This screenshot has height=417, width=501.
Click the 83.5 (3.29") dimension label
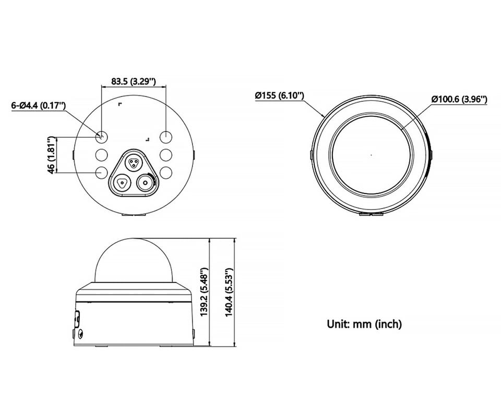pos(133,81)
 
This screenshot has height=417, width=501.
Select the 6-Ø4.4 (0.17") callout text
pos(38,105)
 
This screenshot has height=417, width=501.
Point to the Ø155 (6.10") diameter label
pos(279,95)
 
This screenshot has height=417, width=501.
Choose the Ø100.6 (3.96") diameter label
pos(459,99)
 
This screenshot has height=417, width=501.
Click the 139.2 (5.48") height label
pos(205,292)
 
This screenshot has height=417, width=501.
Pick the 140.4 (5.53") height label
pos(230,292)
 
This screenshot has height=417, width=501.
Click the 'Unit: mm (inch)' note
pos(364,324)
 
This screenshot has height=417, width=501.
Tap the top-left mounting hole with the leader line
pos(102,137)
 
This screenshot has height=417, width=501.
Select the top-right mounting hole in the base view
pos(166,137)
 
